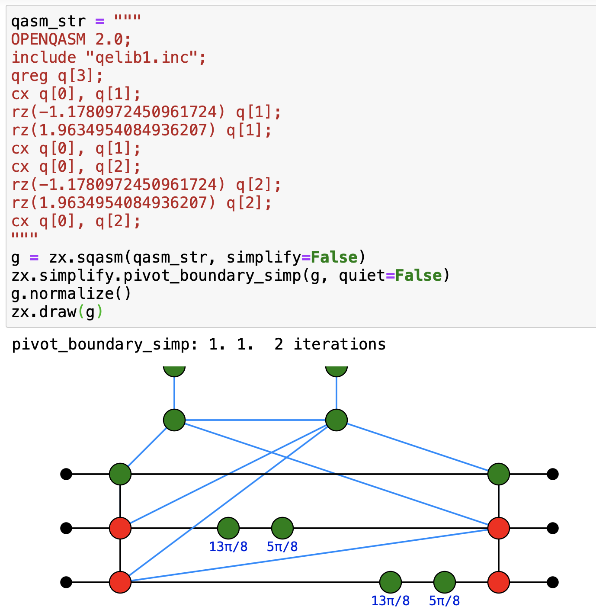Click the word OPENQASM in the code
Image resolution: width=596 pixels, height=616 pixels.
pos(48,39)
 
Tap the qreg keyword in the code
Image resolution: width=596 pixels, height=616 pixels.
pos(30,76)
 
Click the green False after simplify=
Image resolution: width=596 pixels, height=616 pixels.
pos(334,257)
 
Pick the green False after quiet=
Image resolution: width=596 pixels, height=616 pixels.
pos(418,276)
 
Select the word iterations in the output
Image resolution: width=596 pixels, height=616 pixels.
pos(340,344)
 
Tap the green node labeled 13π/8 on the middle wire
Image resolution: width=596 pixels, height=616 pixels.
pos(228,528)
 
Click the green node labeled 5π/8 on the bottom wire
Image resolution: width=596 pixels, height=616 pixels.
pos(445,582)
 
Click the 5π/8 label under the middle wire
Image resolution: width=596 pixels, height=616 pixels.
pos(282,547)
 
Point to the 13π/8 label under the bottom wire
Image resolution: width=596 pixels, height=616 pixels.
pos(390,601)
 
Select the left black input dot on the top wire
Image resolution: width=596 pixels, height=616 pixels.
pos(66,474)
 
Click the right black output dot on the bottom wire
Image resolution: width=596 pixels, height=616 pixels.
pos(553,582)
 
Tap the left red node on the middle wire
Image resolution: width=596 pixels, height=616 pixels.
pos(120,528)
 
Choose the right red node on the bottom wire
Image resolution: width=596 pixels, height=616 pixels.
pos(499,582)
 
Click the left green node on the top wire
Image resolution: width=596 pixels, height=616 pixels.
pos(120,474)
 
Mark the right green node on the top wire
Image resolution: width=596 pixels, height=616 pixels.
pos(499,474)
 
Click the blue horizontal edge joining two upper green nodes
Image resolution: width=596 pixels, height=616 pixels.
pos(255,420)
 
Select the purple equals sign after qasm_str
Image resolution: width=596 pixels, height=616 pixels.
pos(100,21)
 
